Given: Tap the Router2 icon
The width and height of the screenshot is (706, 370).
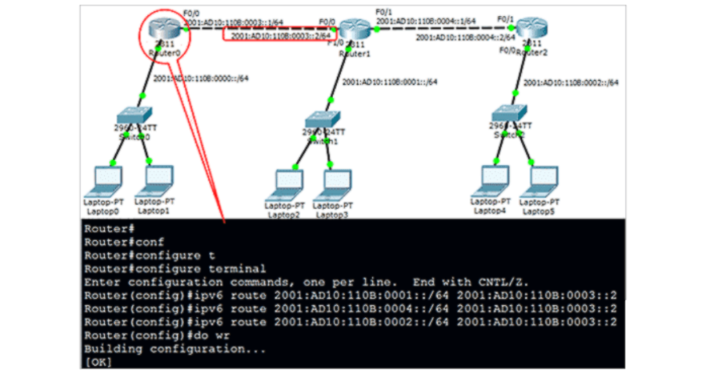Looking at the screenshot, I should [532, 29].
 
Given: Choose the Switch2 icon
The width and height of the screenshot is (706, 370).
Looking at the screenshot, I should [510, 112].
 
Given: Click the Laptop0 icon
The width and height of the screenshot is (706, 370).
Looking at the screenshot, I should [107, 181].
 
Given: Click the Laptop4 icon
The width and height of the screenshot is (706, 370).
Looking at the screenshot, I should [492, 179].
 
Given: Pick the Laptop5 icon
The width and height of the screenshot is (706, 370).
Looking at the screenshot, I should [541, 179].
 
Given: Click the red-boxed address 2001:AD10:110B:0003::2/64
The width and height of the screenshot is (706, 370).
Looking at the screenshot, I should [281, 35].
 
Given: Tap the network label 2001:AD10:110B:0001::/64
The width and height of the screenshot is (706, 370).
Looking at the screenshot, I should [390, 81].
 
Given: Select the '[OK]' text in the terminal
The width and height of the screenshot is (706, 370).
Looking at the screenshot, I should [98, 361].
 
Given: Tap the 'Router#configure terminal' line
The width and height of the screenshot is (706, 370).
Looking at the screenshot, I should [174, 269].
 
